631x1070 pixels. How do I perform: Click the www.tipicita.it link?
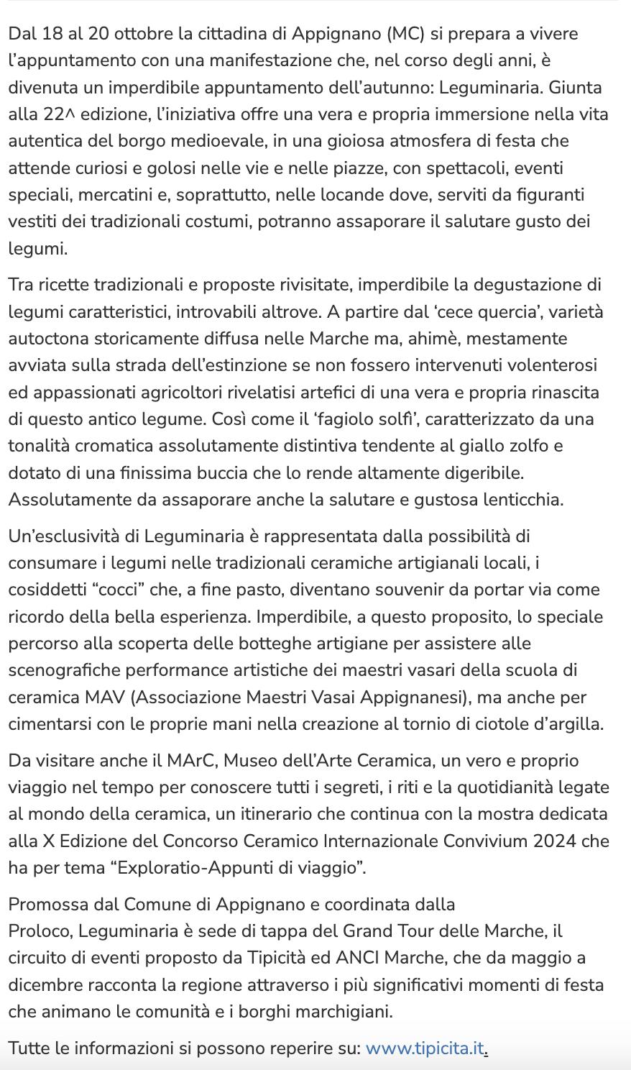click(425, 1048)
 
